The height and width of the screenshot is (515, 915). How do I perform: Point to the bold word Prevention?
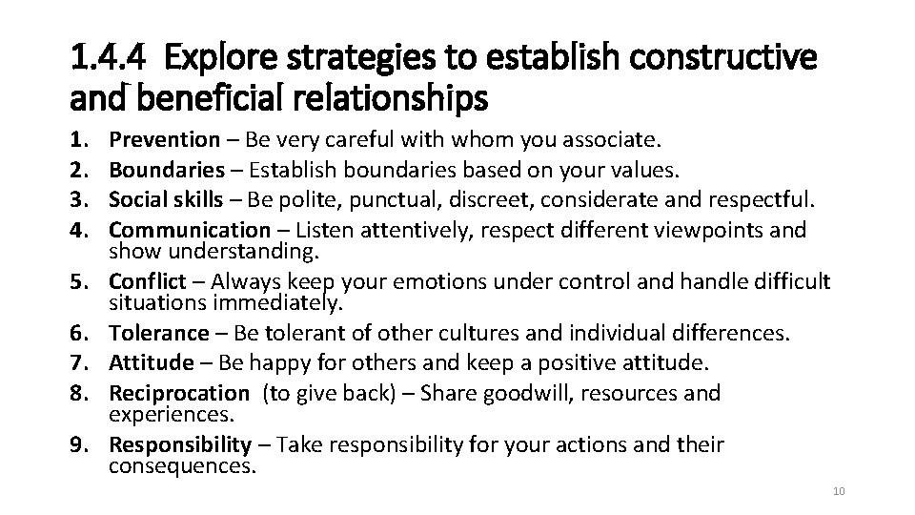[x=164, y=140]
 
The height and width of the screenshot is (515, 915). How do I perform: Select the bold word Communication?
[x=190, y=231]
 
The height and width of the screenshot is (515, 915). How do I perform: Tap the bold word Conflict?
[x=146, y=281]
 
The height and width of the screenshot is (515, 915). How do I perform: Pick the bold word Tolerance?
[x=158, y=333]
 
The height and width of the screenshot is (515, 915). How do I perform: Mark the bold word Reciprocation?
[x=178, y=393]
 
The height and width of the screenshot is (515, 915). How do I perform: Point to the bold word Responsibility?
[x=180, y=444]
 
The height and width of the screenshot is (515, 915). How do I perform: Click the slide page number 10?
[x=839, y=491]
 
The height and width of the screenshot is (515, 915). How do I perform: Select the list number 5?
[x=79, y=281]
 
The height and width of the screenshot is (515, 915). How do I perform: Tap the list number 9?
[x=79, y=444]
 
